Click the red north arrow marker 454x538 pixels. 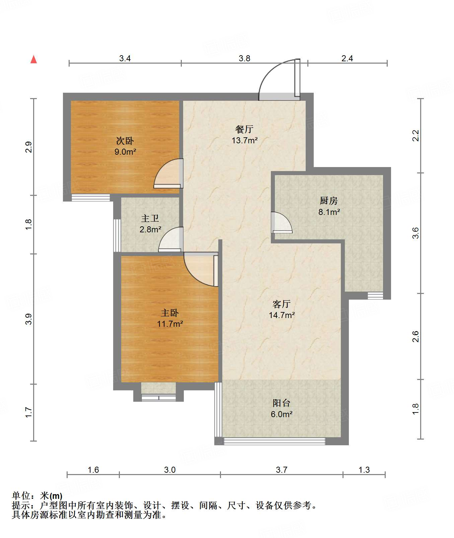point(33,59)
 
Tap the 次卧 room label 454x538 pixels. point(125,141)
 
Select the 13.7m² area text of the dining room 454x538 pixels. point(245,140)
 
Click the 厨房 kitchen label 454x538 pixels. point(328,201)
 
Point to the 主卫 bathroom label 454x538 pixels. point(150,218)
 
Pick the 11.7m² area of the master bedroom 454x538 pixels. point(170,324)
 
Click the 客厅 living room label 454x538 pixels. point(281,304)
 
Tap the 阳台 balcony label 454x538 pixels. point(281,403)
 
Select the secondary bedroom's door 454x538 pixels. point(169,173)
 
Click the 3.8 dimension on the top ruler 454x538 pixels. point(244,59)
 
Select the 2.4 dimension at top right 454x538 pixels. point(347,59)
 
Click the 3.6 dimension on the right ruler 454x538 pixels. point(415,233)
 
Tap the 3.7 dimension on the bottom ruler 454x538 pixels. point(282,470)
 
